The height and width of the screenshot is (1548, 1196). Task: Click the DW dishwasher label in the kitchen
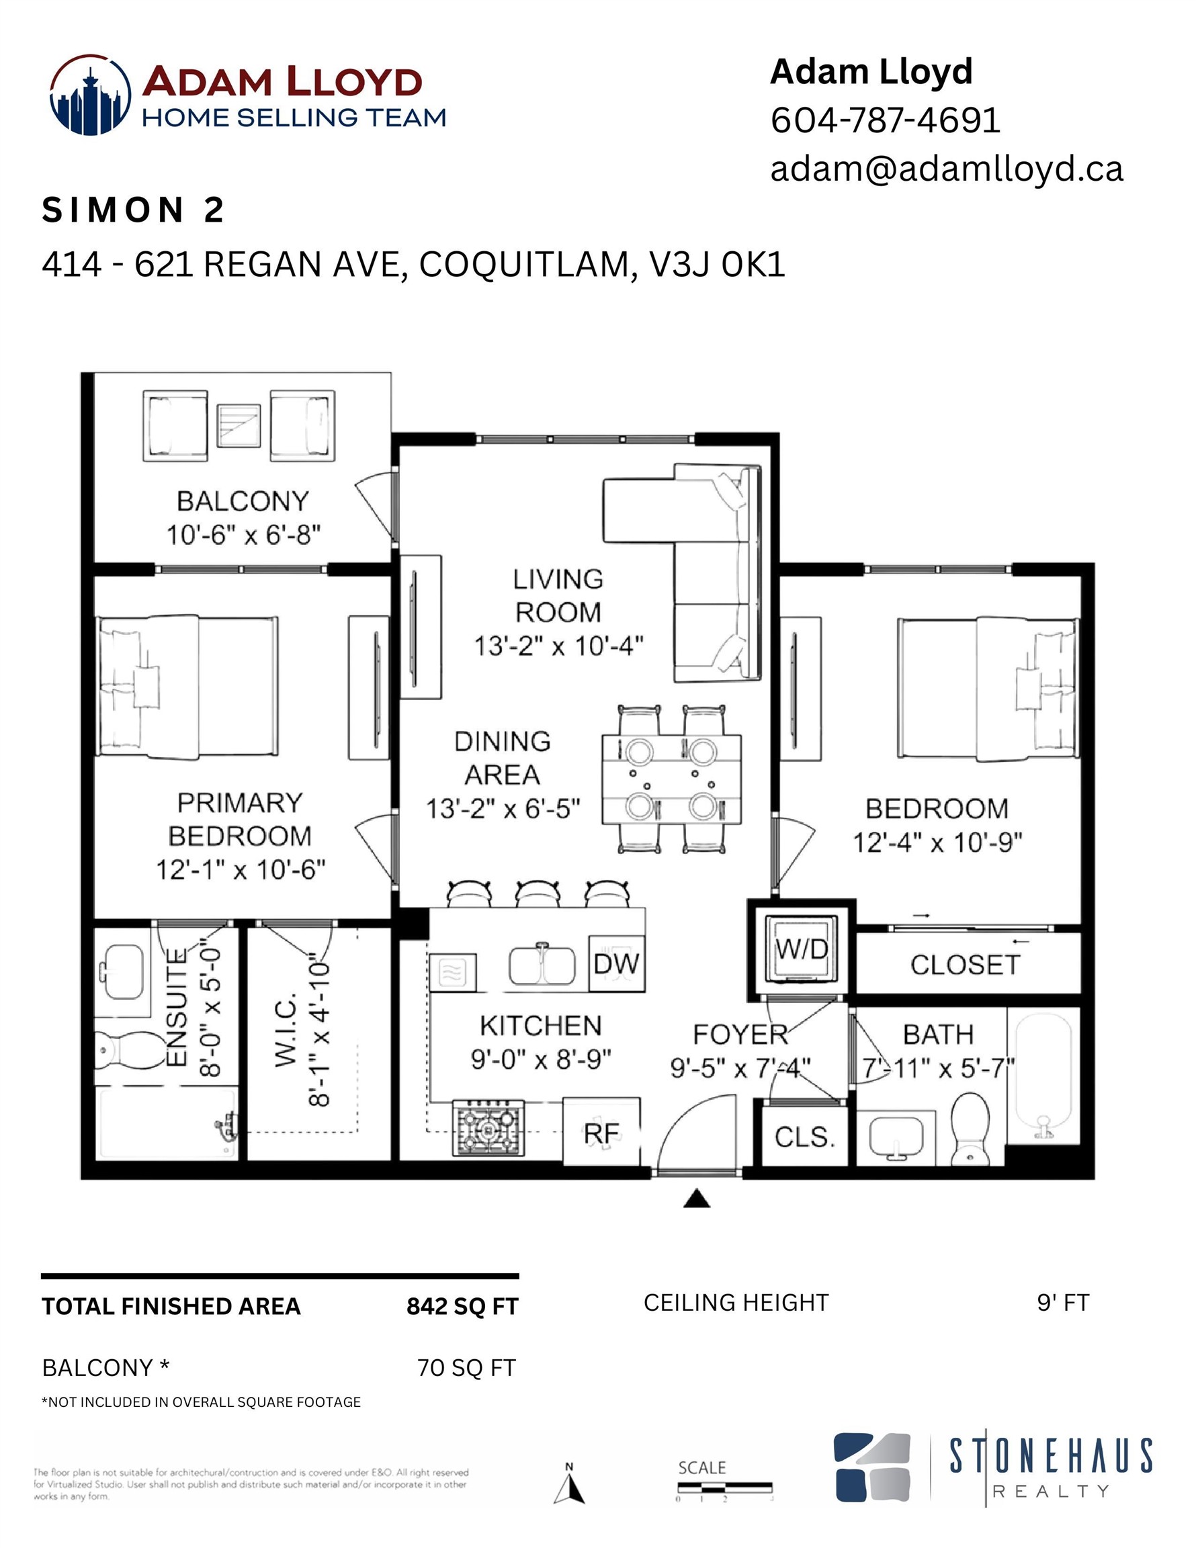(x=616, y=964)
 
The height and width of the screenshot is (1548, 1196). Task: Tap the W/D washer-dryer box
(x=801, y=949)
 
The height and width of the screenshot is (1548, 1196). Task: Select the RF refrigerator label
(x=601, y=1134)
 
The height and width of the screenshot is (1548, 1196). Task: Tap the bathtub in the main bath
(x=1043, y=1072)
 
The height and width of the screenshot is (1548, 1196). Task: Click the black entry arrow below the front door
(x=697, y=1199)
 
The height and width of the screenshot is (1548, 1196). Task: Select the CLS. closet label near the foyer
(x=805, y=1137)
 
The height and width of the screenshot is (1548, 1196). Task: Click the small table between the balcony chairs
(x=239, y=425)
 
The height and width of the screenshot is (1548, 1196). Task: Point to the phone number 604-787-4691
(x=885, y=120)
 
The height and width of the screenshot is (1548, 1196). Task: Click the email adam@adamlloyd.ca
(x=947, y=169)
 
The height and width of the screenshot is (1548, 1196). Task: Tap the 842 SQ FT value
(x=462, y=1306)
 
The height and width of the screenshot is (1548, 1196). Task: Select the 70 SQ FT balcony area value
(x=466, y=1367)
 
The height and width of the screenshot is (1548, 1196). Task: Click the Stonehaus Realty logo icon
(x=871, y=1467)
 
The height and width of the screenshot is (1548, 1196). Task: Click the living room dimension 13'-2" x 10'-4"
(x=558, y=646)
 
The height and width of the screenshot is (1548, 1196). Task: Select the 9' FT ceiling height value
(x=1062, y=1303)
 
